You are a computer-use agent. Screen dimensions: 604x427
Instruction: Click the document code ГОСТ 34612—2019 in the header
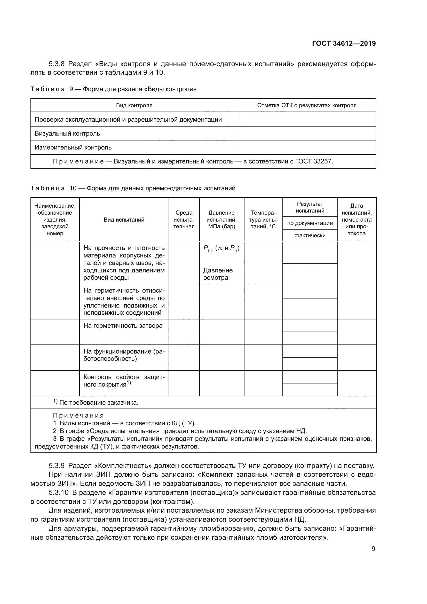click(x=344, y=43)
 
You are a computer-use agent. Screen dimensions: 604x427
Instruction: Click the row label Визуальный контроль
click(x=67, y=133)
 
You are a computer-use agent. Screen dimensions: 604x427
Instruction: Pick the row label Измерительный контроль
click(x=73, y=147)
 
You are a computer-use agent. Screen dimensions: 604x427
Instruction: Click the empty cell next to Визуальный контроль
click(x=307, y=133)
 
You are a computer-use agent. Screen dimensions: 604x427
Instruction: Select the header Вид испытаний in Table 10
click(x=124, y=220)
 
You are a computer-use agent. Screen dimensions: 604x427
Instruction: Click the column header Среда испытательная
click(x=184, y=220)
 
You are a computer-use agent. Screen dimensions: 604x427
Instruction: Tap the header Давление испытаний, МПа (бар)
click(x=222, y=220)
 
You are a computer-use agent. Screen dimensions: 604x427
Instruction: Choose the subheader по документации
click(x=310, y=223)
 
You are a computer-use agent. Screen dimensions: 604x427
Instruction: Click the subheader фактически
click(x=310, y=236)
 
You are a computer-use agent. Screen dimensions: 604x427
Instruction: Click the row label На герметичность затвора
click(x=123, y=326)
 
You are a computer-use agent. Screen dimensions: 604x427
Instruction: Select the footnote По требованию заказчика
click(x=99, y=403)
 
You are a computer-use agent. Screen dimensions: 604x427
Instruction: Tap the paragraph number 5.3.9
click(x=57, y=466)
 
